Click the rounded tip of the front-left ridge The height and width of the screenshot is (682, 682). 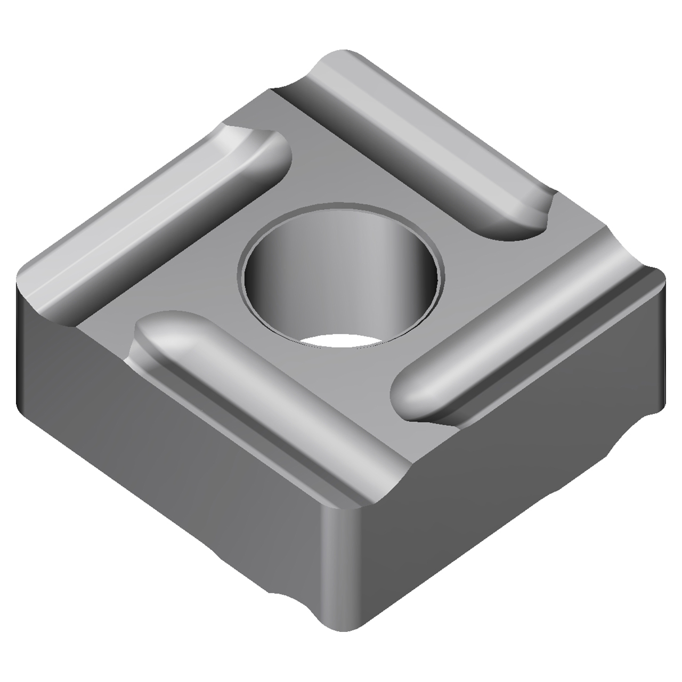pyautogui.click(x=155, y=330)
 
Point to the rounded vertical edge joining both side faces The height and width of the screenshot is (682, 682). pyautogui.click(x=341, y=559)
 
